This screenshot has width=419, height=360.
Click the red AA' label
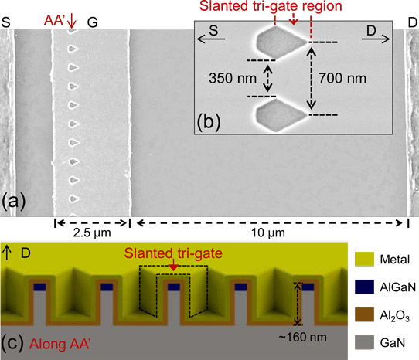tap(55, 21)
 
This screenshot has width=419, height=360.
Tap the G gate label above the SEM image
tap(93, 22)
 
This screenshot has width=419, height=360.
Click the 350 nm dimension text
tap(233, 78)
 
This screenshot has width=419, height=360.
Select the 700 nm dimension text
tap(342, 78)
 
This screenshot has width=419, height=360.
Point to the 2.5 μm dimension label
tap(92, 233)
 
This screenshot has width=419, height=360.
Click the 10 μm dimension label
tap(268, 233)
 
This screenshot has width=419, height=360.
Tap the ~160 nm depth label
tap(302, 338)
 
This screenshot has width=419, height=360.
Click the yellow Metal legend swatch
tap(364, 259)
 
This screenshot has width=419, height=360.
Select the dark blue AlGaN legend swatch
tap(364, 287)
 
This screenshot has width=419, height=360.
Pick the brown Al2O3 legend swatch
tap(364, 314)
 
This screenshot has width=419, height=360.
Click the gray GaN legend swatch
tap(364, 342)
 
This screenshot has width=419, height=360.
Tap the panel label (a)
tap(14, 202)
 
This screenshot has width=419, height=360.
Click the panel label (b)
tap(209, 122)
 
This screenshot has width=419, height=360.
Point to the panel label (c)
tap(14, 343)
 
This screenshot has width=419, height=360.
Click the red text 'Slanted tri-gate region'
tap(271, 6)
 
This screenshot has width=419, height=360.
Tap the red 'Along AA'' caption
tap(60, 344)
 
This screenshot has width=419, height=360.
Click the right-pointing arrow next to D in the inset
tap(376, 39)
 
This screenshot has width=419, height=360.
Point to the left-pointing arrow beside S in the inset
tap(211, 39)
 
